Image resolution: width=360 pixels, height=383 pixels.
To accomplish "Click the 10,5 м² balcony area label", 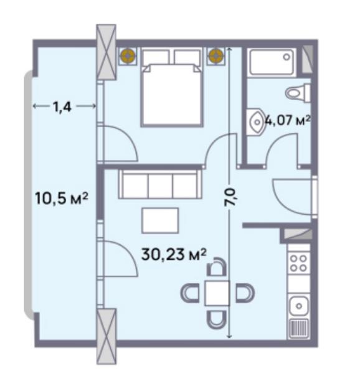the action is [61, 198].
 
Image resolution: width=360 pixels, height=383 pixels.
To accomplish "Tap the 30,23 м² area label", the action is [174, 255].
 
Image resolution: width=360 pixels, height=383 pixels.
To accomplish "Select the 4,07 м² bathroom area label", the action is [288, 120].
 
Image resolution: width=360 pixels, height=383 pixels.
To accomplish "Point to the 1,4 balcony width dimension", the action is [62, 106].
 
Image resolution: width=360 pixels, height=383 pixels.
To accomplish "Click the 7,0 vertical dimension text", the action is [230, 197].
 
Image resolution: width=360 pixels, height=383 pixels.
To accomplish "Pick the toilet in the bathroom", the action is [298, 93].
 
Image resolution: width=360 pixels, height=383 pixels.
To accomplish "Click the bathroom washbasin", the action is [256, 121].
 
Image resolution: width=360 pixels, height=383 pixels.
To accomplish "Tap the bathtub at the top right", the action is [272, 62].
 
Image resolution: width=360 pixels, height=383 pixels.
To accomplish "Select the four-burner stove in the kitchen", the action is [298, 263].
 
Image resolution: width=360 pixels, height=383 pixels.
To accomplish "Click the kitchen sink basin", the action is [299, 306].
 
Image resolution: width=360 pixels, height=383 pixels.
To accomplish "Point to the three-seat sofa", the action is [160, 184].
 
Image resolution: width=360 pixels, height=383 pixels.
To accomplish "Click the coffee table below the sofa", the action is [160, 220].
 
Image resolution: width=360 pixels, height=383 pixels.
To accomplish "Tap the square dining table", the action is [217, 293].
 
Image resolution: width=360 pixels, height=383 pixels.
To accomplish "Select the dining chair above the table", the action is [216, 267].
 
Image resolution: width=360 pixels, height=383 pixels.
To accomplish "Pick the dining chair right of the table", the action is [245, 293].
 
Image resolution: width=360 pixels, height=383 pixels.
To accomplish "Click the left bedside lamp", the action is [128, 56].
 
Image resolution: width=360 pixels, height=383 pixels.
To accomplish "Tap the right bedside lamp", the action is [216, 56].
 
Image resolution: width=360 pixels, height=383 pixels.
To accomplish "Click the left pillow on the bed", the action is [156, 57].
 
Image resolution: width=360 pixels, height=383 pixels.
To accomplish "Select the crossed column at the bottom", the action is [107, 336].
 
